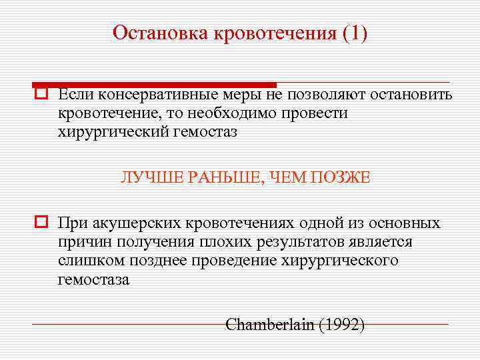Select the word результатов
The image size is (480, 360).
(294, 241)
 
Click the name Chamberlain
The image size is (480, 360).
(271, 325)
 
